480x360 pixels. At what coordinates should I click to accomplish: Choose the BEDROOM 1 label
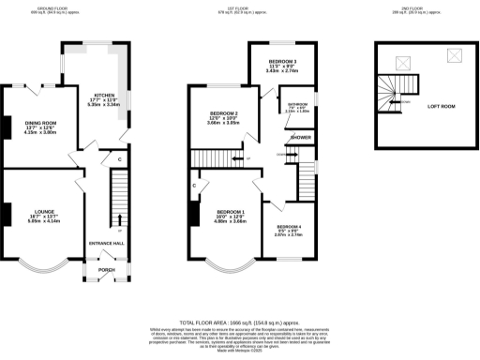(x=232, y=212)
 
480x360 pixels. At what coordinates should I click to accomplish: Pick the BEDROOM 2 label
(x=225, y=115)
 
